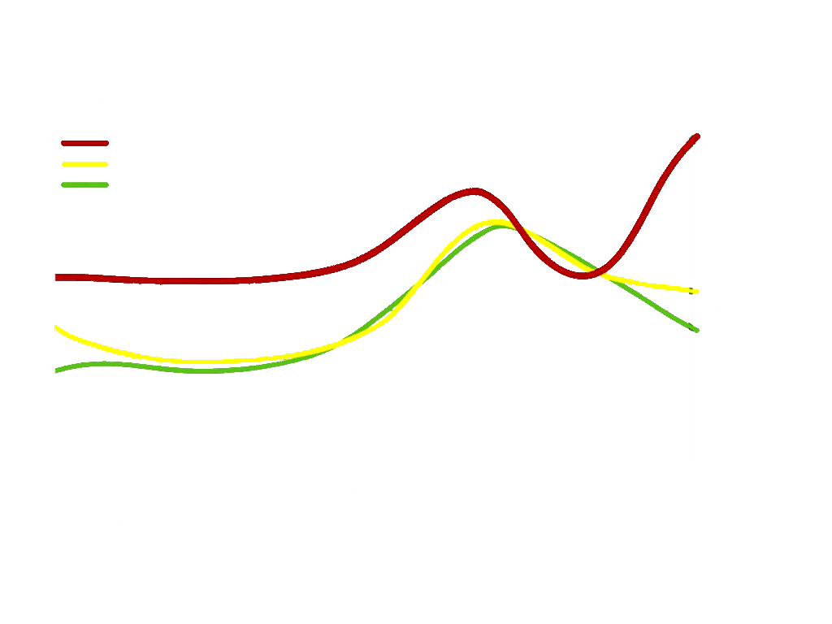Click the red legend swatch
click(x=84, y=143)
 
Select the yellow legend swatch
click(x=84, y=164)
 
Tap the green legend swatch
click(x=84, y=184)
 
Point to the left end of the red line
click(x=56, y=278)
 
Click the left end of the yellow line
click(x=56, y=327)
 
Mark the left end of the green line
click(x=56, y=370)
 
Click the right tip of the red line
click(x=696, y=136)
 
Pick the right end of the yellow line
click(x=696, y=291)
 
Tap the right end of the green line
click(x=696, y=330)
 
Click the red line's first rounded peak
click(x=475, y=192)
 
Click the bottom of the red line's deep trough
click(x=583, y=276)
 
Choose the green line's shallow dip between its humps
click(x=203, y=370)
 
